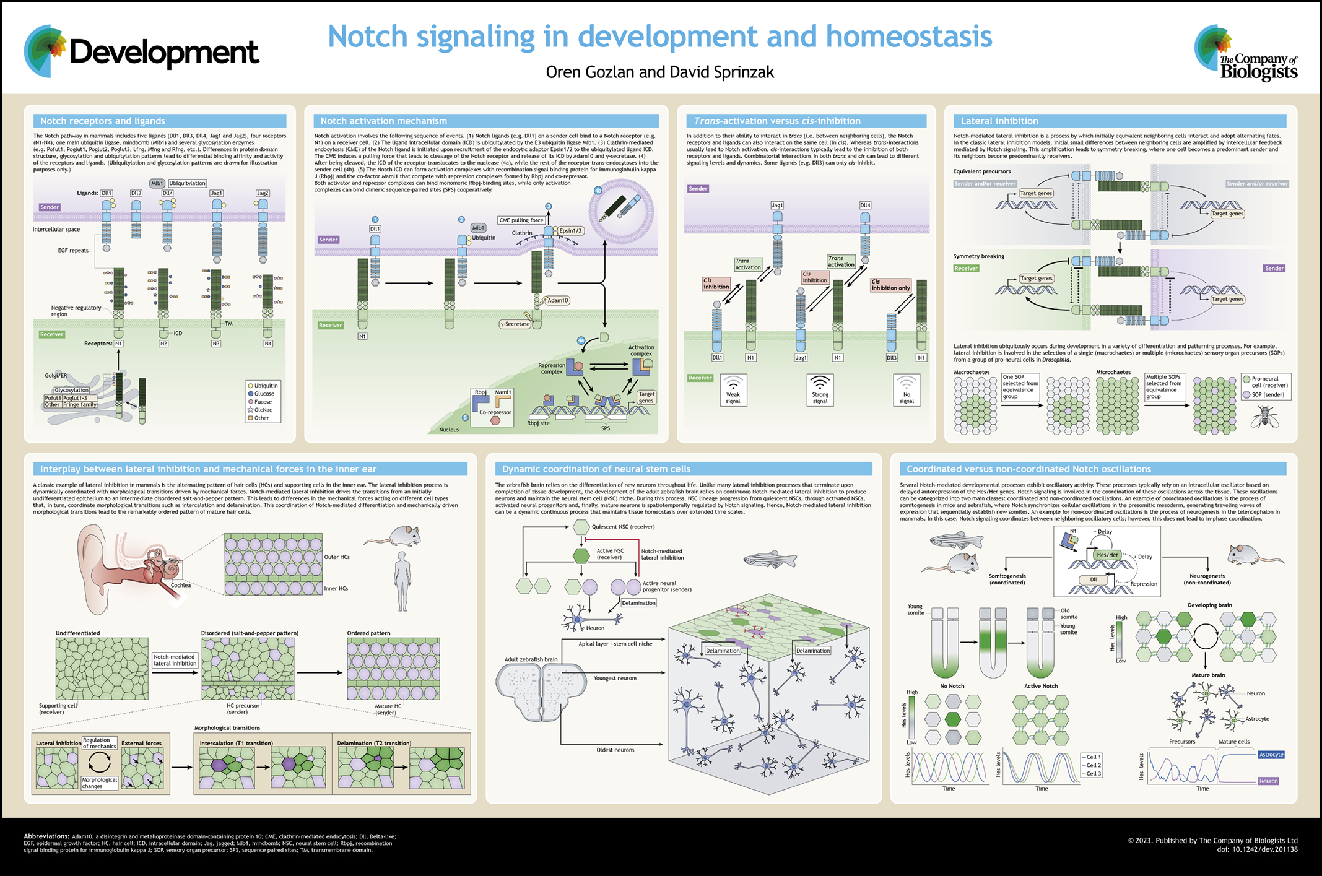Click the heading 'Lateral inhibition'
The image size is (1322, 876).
[x=999, y=121]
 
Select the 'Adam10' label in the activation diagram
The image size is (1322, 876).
[x=557, y=301]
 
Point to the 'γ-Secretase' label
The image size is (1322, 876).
[x=516, y=324]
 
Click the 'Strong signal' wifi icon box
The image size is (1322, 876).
[x=820, y=389]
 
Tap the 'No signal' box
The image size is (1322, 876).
[x=907, y=389]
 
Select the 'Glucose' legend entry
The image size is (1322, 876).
[x=264, y=394]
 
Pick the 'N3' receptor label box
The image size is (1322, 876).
[x=215, y=344]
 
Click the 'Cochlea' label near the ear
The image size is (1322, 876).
[x=181, y=585]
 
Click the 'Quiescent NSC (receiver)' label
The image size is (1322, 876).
[x=623, y=527]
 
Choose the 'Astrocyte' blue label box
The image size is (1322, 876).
[x=1271, y=755]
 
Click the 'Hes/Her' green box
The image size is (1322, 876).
[x=1107, y=555]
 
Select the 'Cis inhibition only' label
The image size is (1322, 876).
[x=890, y=285]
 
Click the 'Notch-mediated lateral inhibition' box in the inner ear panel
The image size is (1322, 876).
[x=175, y=660]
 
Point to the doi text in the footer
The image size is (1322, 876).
[x=1257, y=849]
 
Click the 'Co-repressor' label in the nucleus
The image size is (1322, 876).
[x=495, y=412]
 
